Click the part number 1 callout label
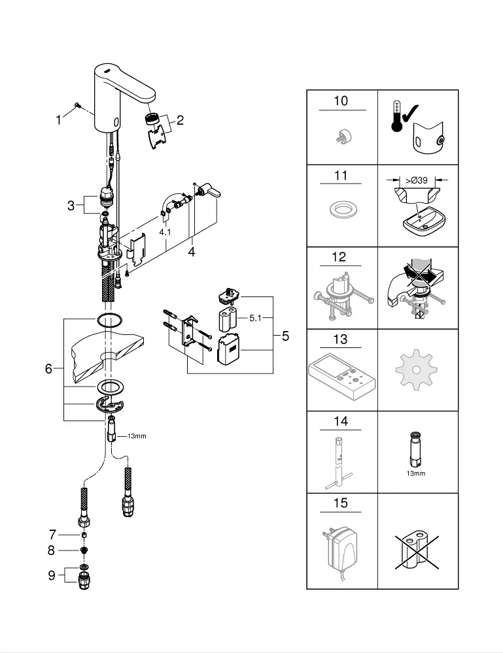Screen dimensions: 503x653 (58, 120)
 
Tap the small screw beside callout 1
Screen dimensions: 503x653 (77, 105)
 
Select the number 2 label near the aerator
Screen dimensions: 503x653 (180, 120)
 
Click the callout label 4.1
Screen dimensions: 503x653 (165, 232)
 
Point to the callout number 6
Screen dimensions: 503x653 (49, 368)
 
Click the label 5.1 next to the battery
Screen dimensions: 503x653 (255, 318)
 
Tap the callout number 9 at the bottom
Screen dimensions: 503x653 (51, 575)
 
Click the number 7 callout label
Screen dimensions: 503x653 (52, 534)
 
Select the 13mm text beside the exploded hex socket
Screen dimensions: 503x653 (137, 436)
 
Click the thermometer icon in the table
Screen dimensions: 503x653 (396, 116)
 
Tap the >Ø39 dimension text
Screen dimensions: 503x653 (416, 180)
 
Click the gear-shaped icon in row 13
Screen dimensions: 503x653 (416, 371)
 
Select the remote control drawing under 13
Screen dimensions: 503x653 (342, 376)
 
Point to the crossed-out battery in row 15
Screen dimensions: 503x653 (417, 552)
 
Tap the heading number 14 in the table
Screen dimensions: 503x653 (341, 421)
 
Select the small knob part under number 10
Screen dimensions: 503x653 (343, 136)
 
